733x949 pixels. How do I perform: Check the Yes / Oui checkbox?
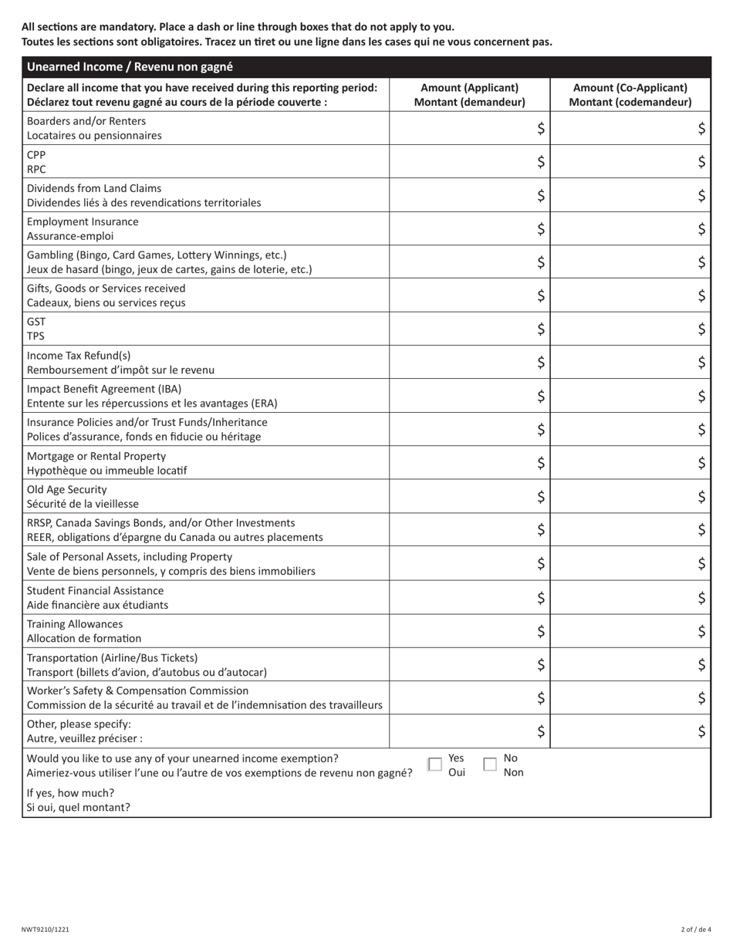pos(435,764)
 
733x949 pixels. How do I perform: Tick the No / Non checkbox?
pos(490,764)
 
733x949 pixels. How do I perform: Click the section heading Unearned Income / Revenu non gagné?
pos(130,67)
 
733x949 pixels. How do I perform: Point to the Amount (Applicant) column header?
pos(469,95)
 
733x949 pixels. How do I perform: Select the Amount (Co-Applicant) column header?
pos(630,95)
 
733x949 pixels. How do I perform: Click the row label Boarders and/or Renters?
pos(86,121)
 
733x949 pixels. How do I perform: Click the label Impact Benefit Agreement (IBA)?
pos(104,389)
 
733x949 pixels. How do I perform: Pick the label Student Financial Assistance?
pos(96,590)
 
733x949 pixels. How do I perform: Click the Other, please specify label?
pos(79,724)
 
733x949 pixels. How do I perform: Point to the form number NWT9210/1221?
pos(46,930)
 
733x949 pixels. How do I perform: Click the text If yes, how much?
pos(70,793)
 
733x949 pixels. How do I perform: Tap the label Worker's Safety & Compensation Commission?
pos(138,691)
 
